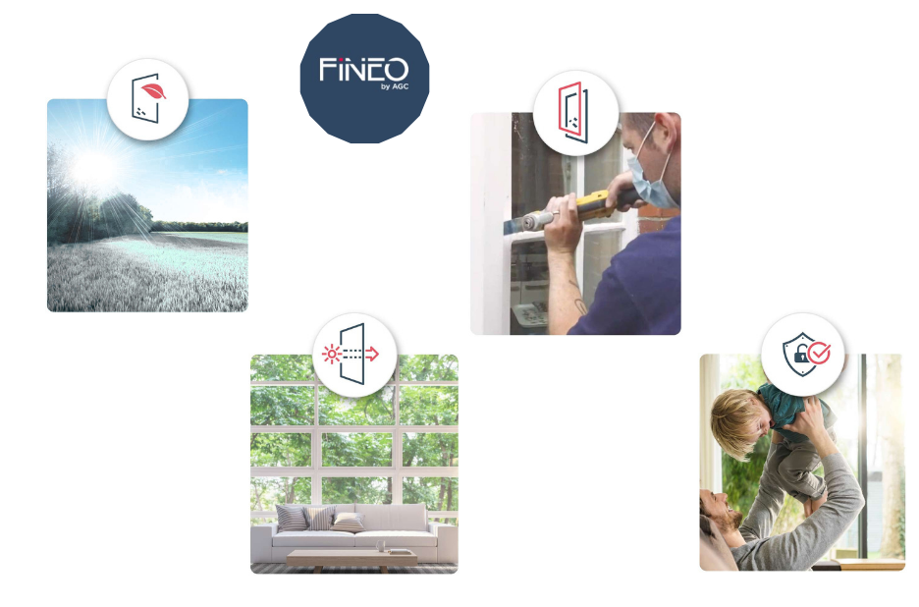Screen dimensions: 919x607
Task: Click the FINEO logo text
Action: coord(363,69)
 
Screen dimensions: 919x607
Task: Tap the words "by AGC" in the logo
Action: coord(395,86)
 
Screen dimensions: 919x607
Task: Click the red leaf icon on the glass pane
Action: coord(153,90)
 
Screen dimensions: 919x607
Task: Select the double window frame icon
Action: coord(573,112)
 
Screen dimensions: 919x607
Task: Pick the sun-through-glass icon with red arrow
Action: coord(351,354)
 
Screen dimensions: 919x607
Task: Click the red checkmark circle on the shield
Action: coord(819,353)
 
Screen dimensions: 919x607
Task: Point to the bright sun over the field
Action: coord(94,165)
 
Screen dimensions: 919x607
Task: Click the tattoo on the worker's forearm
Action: coord(578,300)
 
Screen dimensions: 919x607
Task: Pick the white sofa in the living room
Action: coord(354,531)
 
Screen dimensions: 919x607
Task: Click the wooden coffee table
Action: coord(351,560)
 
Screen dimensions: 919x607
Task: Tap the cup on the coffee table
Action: coord(380,546)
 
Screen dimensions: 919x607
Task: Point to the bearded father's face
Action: coord(725,510)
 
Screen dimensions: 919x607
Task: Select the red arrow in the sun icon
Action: coord(372,353)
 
